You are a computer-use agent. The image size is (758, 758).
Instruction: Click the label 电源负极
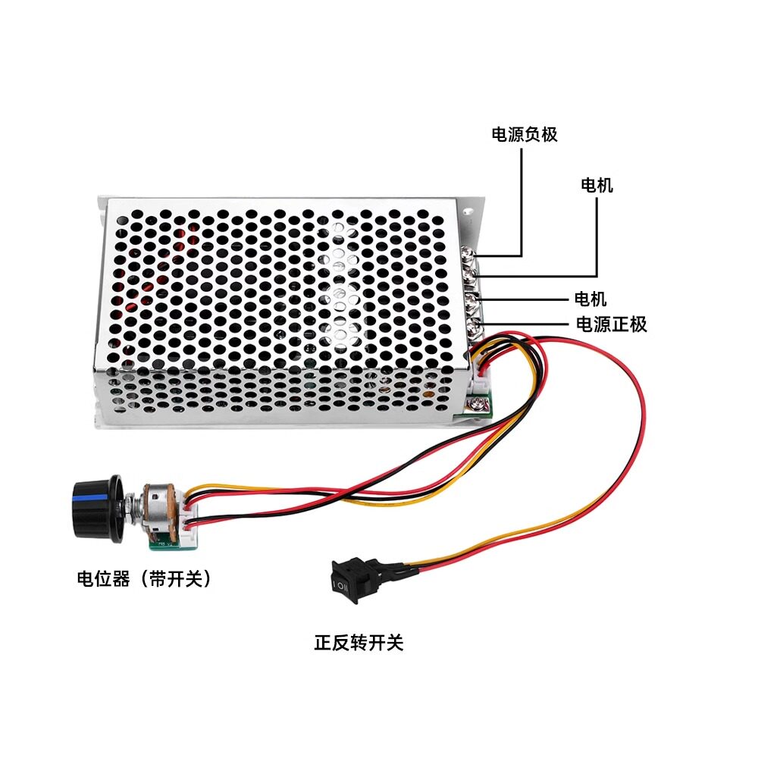coord(525,134)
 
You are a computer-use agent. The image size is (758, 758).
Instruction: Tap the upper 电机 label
coord(597,185)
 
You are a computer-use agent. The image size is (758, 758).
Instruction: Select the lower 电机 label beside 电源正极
coord(590,299)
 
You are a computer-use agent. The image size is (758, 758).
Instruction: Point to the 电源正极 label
coord(612,324)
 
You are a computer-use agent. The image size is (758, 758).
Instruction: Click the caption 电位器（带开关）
coord(145,578)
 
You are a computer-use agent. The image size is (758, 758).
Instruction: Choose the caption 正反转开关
coord(359,643)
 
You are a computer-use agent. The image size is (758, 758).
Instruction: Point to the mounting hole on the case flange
coord(468,211)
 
